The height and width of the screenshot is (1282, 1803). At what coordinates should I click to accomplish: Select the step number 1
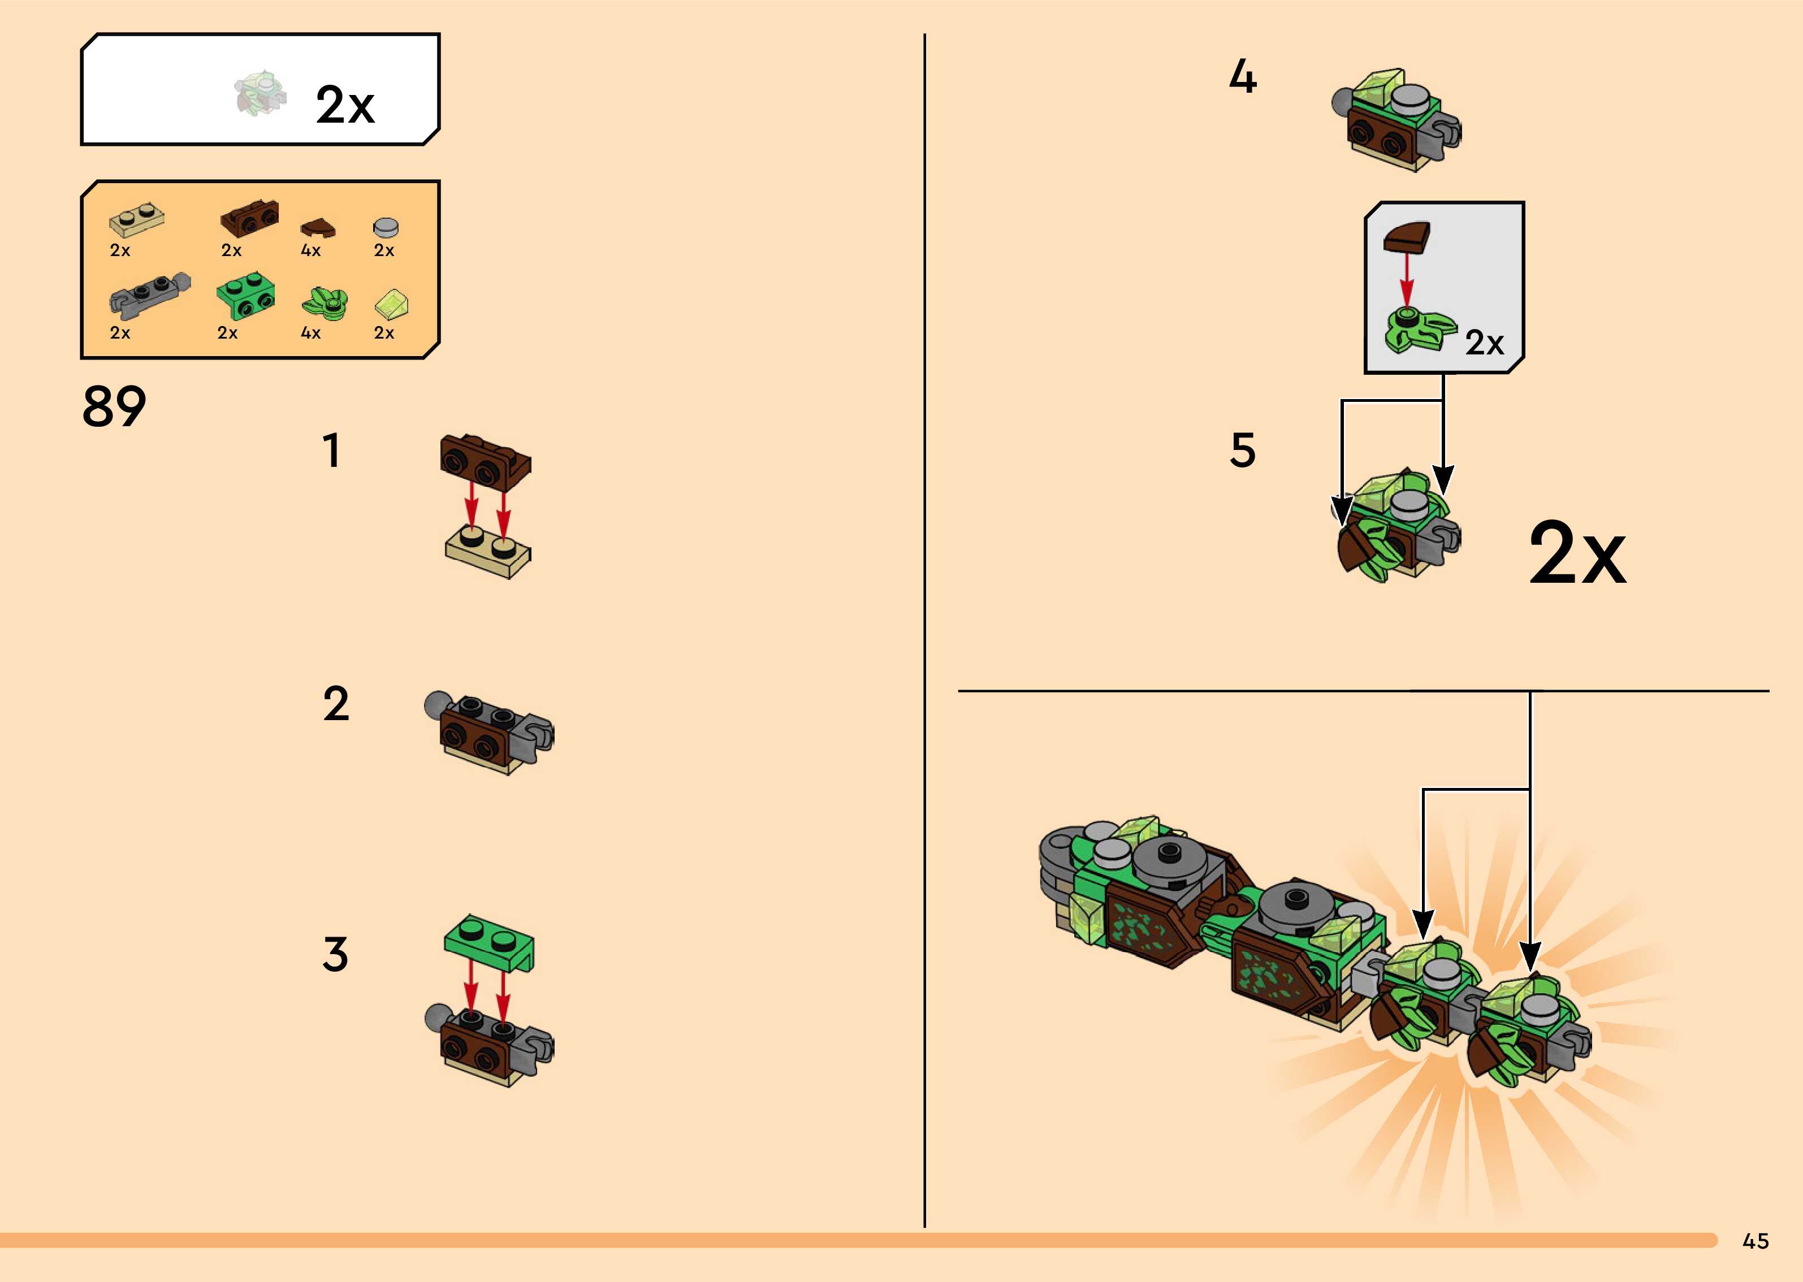point(331,451)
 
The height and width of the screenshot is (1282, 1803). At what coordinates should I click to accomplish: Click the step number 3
point(335,954)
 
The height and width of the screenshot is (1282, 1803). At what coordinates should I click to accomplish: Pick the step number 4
point(1243,77)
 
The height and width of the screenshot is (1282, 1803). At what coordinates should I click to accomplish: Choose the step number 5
point(1243,451)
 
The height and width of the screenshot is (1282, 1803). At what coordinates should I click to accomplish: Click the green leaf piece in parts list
point(323,303)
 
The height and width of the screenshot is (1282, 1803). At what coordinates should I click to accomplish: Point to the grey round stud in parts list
point(385,227)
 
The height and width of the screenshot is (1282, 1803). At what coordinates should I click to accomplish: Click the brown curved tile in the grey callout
point(1406,237)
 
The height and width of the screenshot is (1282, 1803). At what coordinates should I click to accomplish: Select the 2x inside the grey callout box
point(1484,343)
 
